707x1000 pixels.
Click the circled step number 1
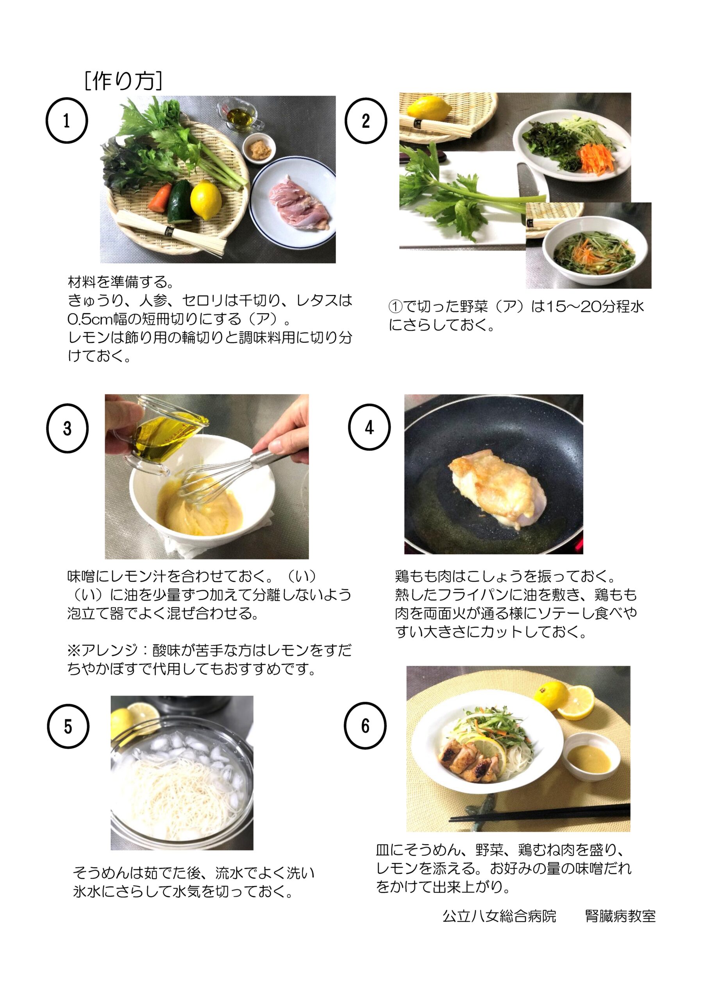[67, 121]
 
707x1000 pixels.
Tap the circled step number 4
[369, 427]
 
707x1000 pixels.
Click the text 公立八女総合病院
[499, 916]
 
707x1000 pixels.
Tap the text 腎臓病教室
[620, 916]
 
